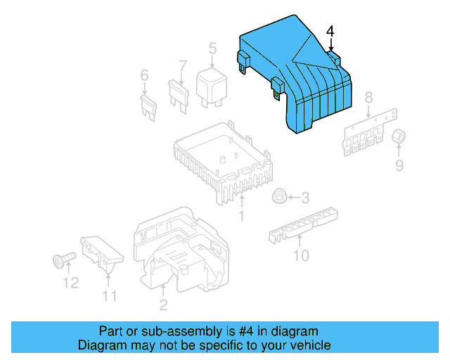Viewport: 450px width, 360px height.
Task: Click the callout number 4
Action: pos(330,32)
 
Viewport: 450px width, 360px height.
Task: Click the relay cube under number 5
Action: pos(212,85)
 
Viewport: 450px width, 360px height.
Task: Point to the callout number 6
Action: pos(144,75)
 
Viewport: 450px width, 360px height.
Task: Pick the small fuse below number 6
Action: pos(148,107)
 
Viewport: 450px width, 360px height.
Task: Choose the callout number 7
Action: pos(182,67)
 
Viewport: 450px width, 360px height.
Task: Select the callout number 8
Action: pos(368,98)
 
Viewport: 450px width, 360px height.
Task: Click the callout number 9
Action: pos(399,165)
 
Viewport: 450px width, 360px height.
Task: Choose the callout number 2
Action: pos(163,304)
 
